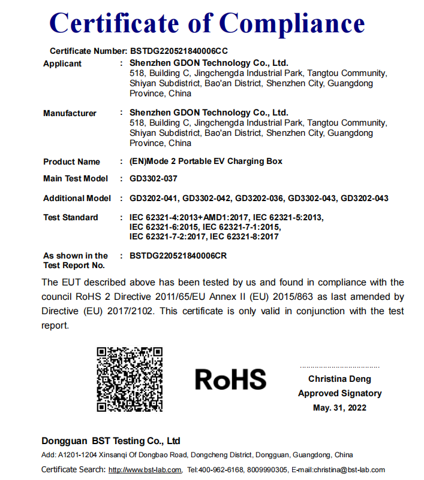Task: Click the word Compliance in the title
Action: pos(292,23)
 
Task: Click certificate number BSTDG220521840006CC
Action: pos(179,51)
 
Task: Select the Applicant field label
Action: pos(62,63)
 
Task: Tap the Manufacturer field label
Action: pos(70,113)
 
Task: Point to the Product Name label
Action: pos(71,162)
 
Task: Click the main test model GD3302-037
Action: pos(154,178)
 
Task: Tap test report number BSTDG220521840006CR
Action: pos(178,256)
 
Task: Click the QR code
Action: pos(130,379)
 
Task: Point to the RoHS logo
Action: pos(230,379)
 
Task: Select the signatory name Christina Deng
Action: pos(339,379)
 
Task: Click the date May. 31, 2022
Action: pos(339,408)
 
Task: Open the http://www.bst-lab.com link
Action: pos(145,470)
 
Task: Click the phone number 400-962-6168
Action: pos(222,470)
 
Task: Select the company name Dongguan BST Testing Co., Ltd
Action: pos(111,441)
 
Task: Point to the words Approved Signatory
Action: pos(339,393)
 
